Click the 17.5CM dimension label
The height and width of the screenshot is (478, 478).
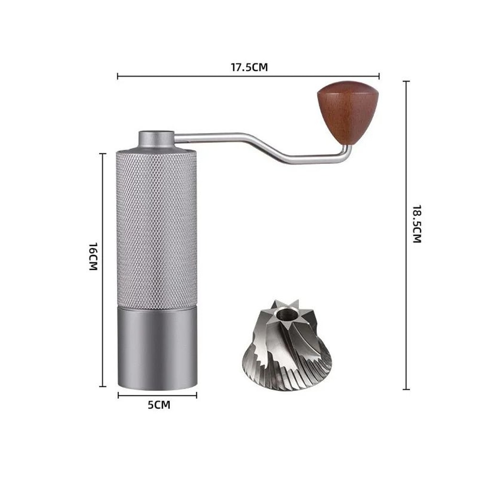[x=249, y=67]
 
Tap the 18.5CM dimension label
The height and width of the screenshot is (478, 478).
[x=417, y=224]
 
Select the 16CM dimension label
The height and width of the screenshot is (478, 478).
[x=93, y=256]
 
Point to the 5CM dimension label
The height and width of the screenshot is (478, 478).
[x=159, y=405]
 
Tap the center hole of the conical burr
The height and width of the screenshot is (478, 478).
[x=287, y=315]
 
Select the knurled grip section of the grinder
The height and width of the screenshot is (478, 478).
[x=156, y=229]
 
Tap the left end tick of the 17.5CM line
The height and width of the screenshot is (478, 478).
[x=118, y=76]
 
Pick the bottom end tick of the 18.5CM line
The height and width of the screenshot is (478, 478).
[x=406, y=389]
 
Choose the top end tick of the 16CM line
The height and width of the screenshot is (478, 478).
[x=103, y=154]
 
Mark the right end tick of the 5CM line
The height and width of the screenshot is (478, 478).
[x=196, y=395]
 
